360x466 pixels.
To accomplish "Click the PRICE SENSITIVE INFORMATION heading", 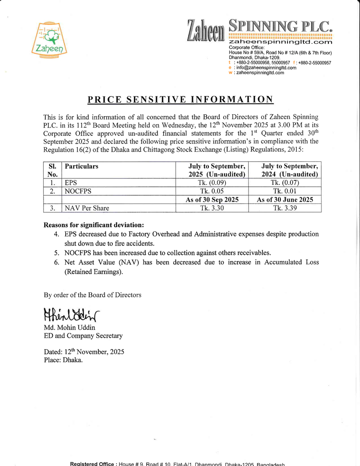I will pos(180,99).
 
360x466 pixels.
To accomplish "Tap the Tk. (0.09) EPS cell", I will pos(213,183).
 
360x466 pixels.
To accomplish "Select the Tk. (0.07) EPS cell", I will pos(285,183).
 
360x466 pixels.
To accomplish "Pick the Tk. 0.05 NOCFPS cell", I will pos(213,191).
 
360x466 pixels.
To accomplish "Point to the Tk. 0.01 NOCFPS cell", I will pos(285,191).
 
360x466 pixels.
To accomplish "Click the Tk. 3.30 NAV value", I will pos(213,208).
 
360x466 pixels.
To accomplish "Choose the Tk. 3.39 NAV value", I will pos(285,208).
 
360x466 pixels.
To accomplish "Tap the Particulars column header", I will pos(82,166).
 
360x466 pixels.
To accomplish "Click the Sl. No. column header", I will pos(52,170).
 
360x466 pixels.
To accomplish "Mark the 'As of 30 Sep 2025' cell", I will pos(213,200).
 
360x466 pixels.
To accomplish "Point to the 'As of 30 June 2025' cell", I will pos(285,200).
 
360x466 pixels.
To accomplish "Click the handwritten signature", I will pos(72,315).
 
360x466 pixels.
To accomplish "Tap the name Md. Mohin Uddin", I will pos(70,328).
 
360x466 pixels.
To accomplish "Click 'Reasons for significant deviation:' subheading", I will pos(94,225).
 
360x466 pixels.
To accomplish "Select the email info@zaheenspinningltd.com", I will pos(265,68).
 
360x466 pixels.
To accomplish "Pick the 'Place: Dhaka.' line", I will pos(63,360).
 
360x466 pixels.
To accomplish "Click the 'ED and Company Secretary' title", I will pos(83,336).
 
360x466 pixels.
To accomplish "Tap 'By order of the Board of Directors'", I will pos(93,295).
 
